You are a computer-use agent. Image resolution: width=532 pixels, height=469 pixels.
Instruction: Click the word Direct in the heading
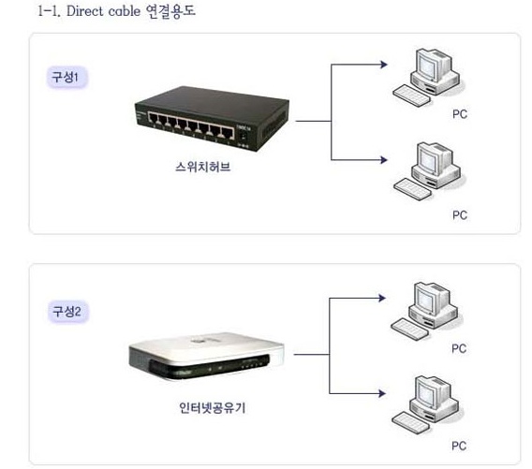[x=85, y=11]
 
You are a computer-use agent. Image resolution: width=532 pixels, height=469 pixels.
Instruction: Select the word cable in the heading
[x=125, y=11]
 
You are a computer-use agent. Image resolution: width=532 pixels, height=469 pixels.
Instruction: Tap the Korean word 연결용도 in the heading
[x=170, y=11]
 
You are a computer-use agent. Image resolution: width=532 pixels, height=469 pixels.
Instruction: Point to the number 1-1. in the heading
[x=50, y=11]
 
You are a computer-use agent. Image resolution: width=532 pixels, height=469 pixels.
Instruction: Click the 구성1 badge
[x=66, y=78]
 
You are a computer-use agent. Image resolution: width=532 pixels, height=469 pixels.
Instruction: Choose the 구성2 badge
[x=67, y=312]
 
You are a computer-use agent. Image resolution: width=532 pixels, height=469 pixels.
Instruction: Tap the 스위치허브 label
[x=203, y=167]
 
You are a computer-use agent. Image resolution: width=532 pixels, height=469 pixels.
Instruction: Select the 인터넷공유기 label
[x=213, y=407]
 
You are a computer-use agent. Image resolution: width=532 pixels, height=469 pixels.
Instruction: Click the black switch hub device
[x=212, y=119]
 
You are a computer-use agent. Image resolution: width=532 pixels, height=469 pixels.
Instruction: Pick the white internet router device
[x=206, y=356]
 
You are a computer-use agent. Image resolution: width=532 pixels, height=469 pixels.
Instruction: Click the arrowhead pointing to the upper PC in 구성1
[x=384, y=64]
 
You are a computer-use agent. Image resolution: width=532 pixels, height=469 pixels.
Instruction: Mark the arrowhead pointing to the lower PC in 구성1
[x=384, y=160]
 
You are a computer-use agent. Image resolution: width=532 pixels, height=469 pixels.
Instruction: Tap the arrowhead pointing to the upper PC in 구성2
[x=382, y=298]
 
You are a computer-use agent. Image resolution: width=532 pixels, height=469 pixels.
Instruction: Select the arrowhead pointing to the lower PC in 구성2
[x=382, y=393]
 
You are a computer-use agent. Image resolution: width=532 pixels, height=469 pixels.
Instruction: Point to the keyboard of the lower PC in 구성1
[x=412, y=189]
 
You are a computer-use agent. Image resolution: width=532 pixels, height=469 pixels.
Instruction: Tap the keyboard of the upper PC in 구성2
[x=409, y=329]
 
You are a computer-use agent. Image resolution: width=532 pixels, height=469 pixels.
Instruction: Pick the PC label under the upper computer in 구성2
[x=459, y=348]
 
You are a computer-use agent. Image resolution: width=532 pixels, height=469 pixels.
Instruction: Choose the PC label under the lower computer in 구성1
[x=460, y=215]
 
